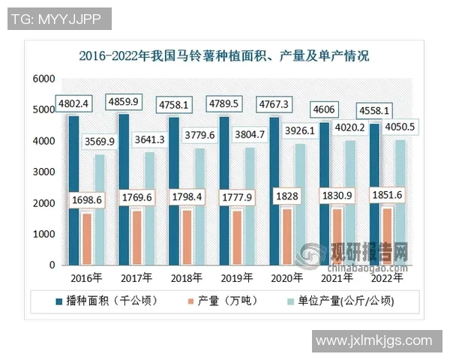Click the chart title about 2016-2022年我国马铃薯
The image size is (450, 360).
(x=224, y=55)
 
